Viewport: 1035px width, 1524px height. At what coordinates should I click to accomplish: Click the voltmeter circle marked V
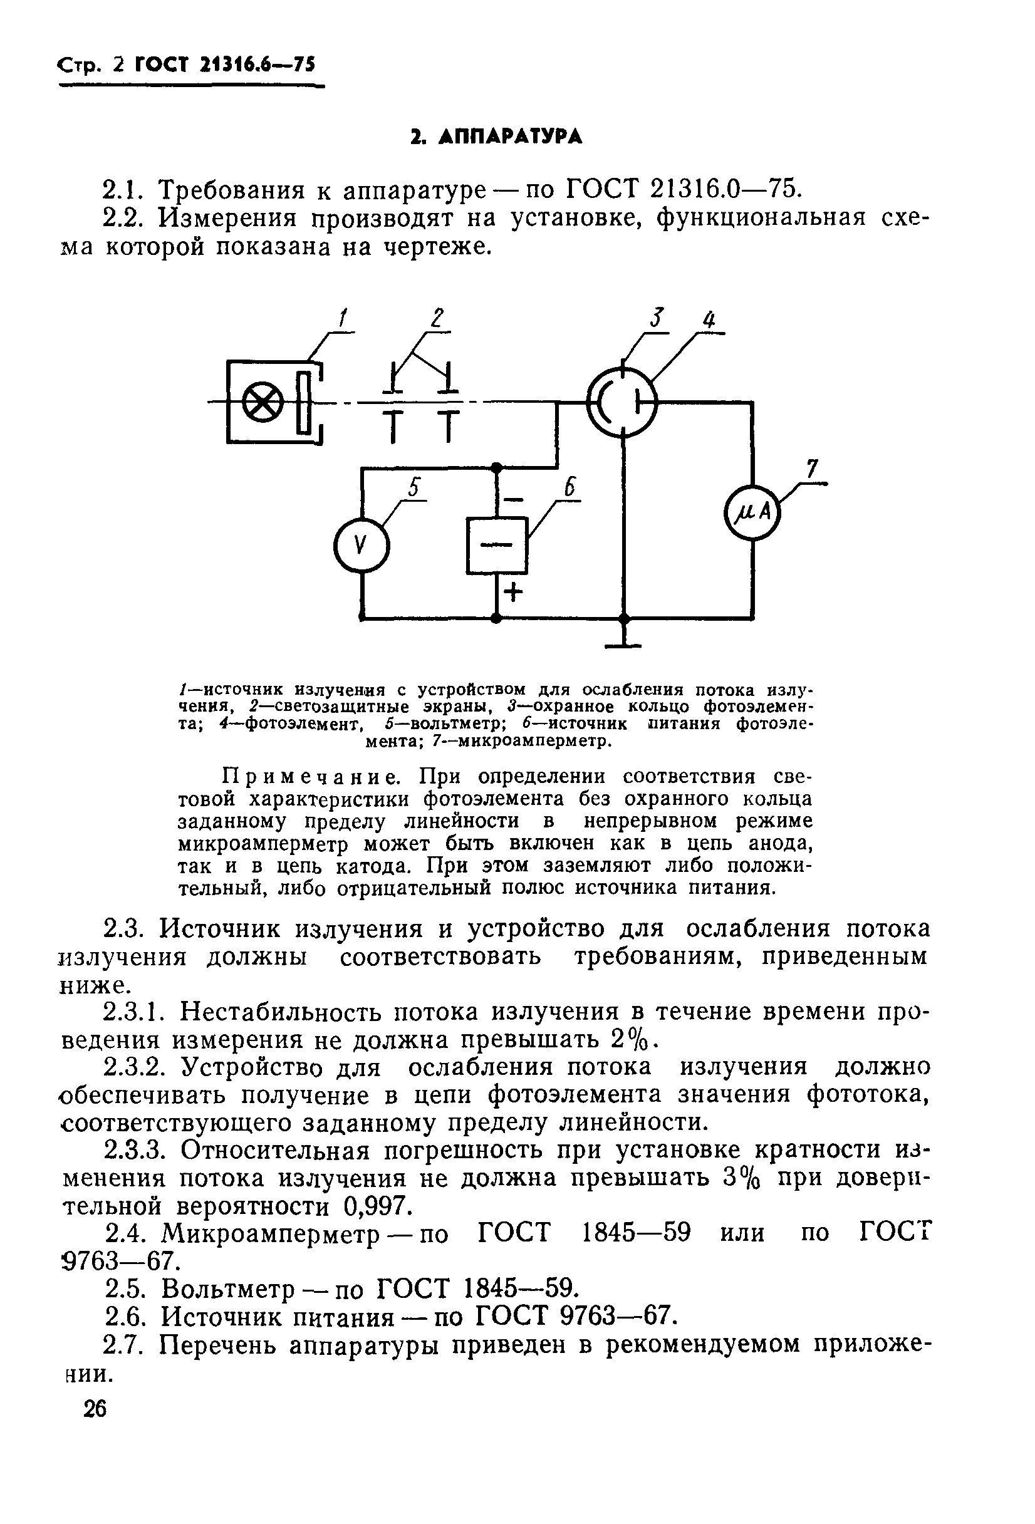(361, 544)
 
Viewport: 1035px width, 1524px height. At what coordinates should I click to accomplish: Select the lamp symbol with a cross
(262, 402)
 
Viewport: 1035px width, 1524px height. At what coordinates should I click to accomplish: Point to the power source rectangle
(496, 545)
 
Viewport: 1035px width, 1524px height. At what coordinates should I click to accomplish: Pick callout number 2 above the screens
(437, 319)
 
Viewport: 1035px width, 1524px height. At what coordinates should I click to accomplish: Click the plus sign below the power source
(514, 593)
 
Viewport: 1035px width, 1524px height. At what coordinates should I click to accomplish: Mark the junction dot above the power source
(496, 467)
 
